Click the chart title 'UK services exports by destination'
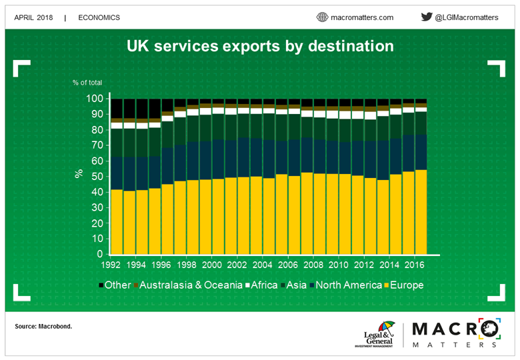(x=260, y=47)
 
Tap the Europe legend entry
(x=403, y=285)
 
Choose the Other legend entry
(x=117, y=285)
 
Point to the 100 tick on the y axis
(x=94, y=99)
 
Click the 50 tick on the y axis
(x=97, y=177)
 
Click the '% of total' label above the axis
(x=87, y=83)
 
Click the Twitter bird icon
(x=427, y=17)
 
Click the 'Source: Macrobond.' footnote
(x=43, y=327)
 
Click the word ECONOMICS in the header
(x=99, y=17)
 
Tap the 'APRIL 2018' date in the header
(x=33, y=17)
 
